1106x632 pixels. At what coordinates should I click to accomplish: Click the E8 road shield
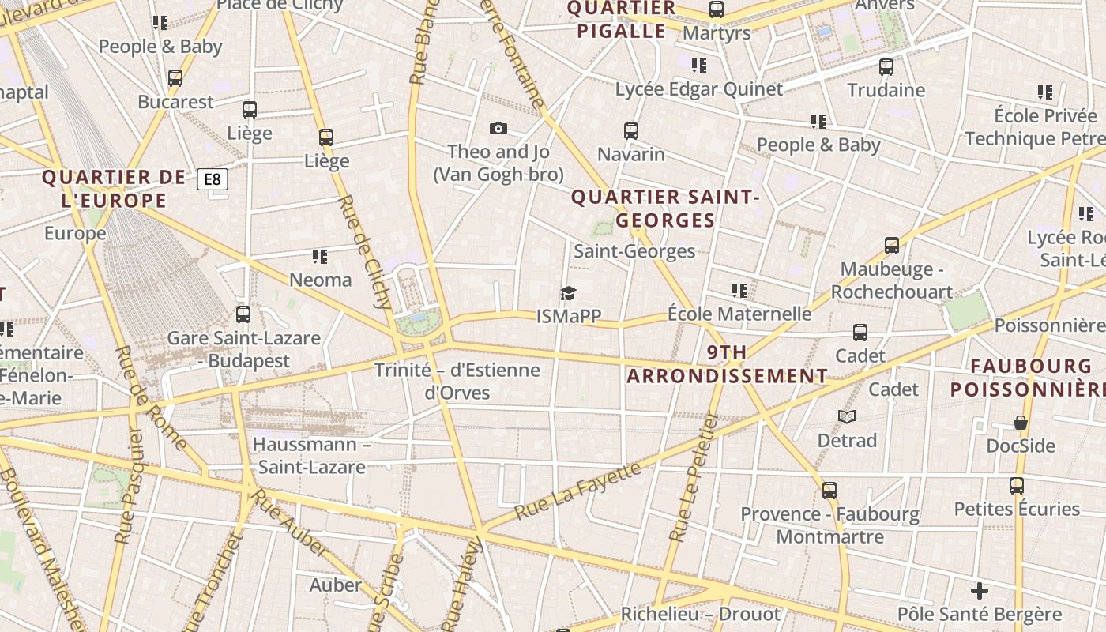tap(213, 179)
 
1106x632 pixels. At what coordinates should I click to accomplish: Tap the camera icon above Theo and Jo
tap(498, 128)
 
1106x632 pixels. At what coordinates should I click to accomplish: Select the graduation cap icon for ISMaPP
tap(569, 294)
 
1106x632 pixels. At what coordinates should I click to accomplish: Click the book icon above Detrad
tap(847, 416)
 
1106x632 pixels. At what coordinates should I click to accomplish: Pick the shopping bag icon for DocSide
tap(1021, 423)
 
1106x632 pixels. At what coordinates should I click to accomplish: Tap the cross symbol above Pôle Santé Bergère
tap(980, 591)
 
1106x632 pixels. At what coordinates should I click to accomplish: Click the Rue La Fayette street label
tap(577, 491)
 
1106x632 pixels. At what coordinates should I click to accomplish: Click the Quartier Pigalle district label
tap(621, 20)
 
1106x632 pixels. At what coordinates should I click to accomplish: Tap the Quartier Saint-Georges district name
tap(665, 209)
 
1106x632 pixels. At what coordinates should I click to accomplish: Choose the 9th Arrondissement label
tap(728, 364)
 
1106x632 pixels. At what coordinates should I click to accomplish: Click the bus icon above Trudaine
tap(886, 67)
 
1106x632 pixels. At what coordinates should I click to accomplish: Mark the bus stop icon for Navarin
tap(630, 131)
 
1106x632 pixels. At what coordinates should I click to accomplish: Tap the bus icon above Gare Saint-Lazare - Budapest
tap(243, 314)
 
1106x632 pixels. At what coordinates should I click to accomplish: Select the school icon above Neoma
tap(320, 256)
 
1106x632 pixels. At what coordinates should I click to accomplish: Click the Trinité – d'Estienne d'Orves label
tap(457, 381)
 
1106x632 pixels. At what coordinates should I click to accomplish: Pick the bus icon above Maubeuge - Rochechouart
tap(892, 246)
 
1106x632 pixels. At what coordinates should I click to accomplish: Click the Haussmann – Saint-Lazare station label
tap(312, 455)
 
